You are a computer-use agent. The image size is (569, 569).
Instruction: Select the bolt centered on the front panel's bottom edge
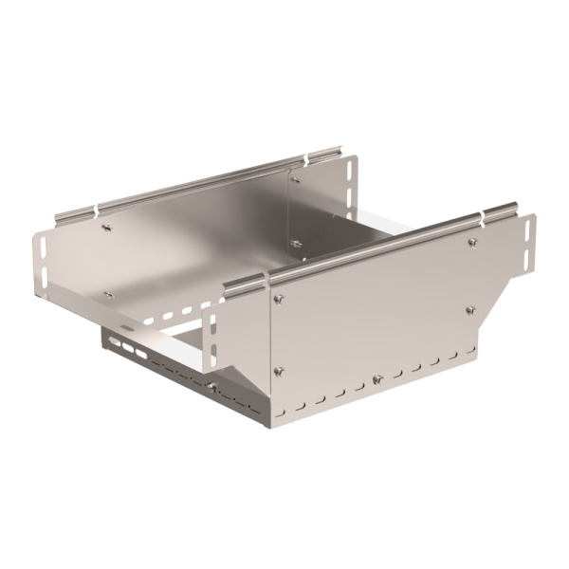point(377,380)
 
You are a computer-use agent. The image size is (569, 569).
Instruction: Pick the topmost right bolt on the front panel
point(471,244)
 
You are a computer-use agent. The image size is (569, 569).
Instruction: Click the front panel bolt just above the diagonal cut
point(468,309)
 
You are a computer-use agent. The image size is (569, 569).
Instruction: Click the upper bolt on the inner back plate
point(295,177)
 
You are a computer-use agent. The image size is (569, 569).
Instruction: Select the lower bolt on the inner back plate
point(296,244)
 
